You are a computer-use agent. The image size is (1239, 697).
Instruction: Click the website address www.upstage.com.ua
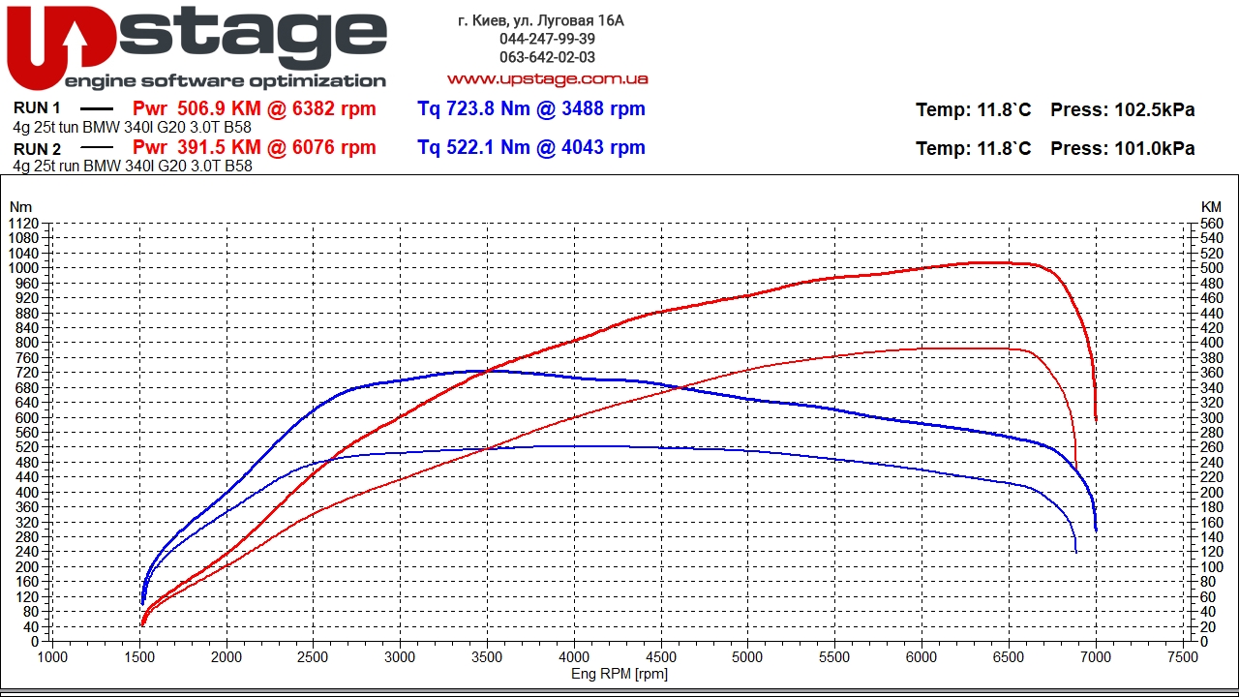[x=547, y=78]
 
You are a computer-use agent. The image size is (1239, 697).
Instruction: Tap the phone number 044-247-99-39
[x=547, y=39]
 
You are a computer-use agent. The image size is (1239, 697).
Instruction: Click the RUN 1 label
[x=37, y=108]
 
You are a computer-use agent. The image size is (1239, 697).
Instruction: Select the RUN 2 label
[x=37, y=148]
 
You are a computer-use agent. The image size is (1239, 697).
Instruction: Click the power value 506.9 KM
[x=220, y=108]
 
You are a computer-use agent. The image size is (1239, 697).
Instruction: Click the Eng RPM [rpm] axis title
[x=619, y=674]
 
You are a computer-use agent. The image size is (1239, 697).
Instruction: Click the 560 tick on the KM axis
[x=1211, y=223]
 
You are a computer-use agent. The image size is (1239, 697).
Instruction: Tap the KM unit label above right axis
[x=1211, y=206]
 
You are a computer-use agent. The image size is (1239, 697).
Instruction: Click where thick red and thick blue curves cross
[x=487, y=370]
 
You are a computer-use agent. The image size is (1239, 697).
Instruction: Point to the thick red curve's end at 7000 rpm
[x=1096, y=420]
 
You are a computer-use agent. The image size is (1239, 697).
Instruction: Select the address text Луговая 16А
[x=588, y=20]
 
